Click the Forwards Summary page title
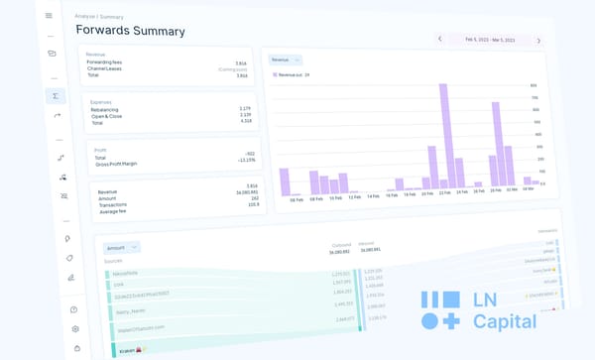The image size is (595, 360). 130,30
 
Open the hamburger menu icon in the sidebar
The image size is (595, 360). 49,16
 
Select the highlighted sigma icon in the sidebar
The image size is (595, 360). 56,96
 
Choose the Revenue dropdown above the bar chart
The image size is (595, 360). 286,60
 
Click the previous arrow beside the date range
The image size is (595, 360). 440,40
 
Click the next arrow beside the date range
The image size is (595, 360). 538,41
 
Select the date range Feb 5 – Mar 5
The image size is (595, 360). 489,40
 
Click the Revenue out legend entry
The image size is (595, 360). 294,75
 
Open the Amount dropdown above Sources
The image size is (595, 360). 123,247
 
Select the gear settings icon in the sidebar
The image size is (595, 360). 75,328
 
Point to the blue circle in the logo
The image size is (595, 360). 427,321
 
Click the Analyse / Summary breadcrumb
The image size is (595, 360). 99,17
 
